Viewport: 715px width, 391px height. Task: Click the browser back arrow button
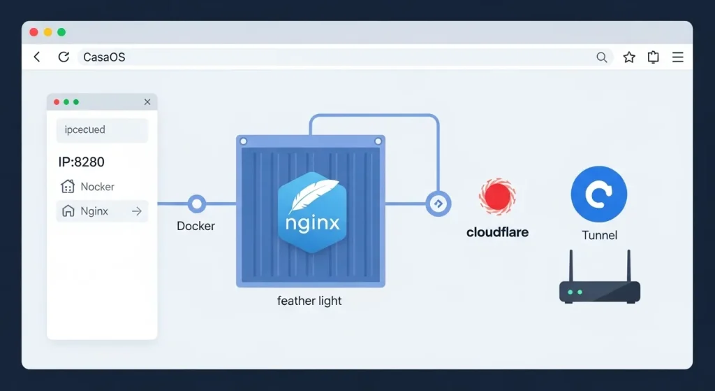click(x=37, y=57)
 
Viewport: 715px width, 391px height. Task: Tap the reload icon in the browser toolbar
click(x=64, y=57)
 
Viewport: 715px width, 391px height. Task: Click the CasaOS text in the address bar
click(x=104, y=57)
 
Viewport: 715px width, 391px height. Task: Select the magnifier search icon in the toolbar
click(x=602, y=57)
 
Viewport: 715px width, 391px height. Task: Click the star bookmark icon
click(x=629, y=57)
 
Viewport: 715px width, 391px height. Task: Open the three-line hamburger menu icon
click(x=677, y=57)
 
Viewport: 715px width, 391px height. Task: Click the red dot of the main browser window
click(x=34, y=32)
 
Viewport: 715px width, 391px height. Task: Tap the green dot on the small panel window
click(x=76, y=102)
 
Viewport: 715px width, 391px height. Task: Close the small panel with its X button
click(x=147, y=102)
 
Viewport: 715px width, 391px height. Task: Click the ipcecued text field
click(x=102, y=130)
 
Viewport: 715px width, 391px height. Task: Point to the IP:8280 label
click(x=81, y=162)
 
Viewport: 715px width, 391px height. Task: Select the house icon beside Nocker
click(x=68, y=187)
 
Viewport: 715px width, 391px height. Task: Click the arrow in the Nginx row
click(x=137, y=211)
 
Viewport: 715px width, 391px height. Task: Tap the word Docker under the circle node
click(x=196, y=226)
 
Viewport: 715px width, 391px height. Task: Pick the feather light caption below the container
click(x=309, y=301)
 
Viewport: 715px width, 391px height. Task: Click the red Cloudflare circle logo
click(x=497, y=196)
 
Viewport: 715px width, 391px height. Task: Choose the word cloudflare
click(x=497, y=232)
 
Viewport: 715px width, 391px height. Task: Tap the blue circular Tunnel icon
click(x=598, y=194)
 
